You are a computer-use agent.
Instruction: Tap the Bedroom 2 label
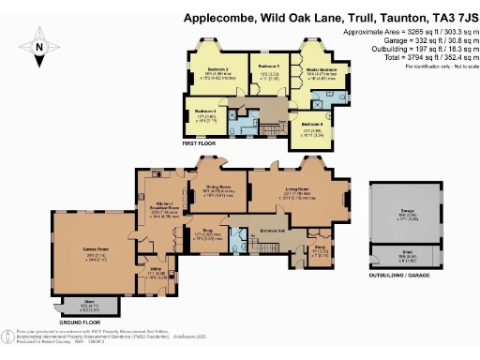click(x=218, y=70)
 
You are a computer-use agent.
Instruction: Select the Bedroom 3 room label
click(x=270, y=67)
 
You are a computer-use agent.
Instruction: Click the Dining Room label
click(x=218, y=187)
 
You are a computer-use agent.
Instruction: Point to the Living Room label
click(x=298, y=187)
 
